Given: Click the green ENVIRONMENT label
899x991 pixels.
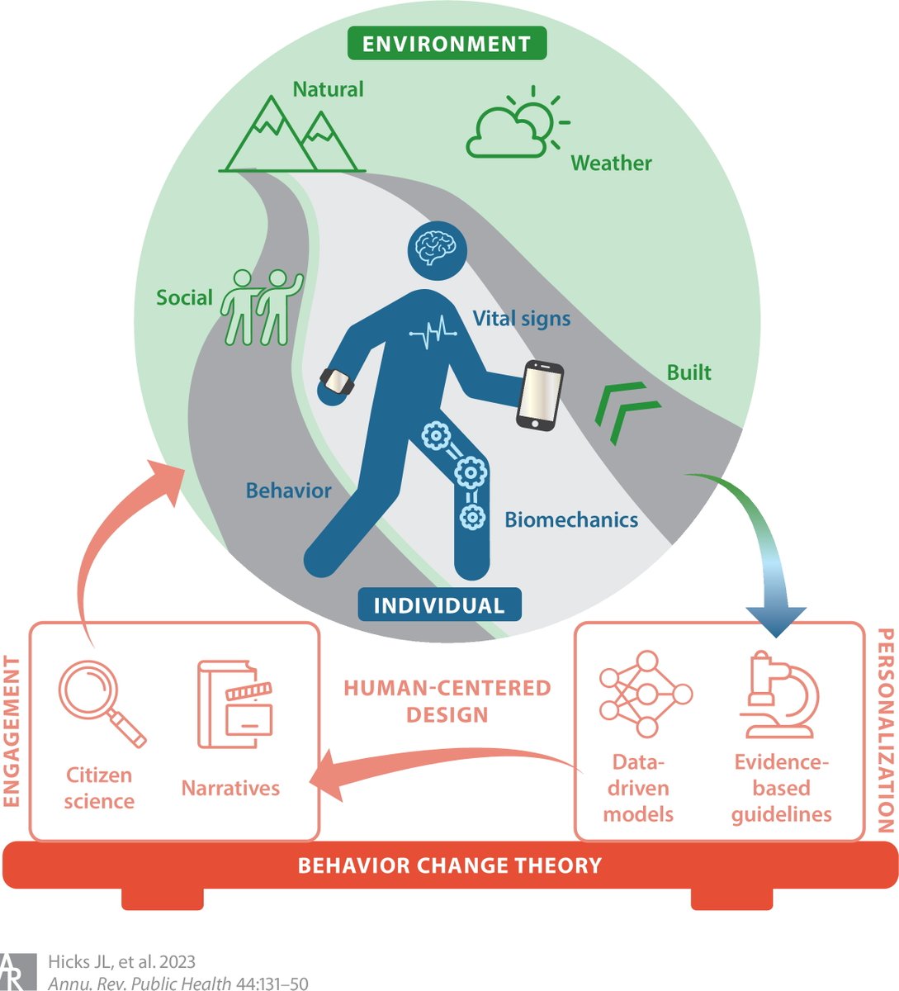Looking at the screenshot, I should point(447,43).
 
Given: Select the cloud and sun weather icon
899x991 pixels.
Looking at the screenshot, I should point(517,126).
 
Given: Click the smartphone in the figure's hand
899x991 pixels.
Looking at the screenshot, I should point(539,395).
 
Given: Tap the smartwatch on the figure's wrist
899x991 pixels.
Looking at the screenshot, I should point(337,382).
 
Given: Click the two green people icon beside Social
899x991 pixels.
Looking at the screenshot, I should point(261,307).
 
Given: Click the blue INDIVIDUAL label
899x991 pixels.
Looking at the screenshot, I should point(438,605).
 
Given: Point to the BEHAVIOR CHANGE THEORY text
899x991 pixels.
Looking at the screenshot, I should point(449,865).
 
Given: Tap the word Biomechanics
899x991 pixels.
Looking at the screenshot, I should point(571,519).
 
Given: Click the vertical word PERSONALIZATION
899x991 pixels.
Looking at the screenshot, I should point(884,730).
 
